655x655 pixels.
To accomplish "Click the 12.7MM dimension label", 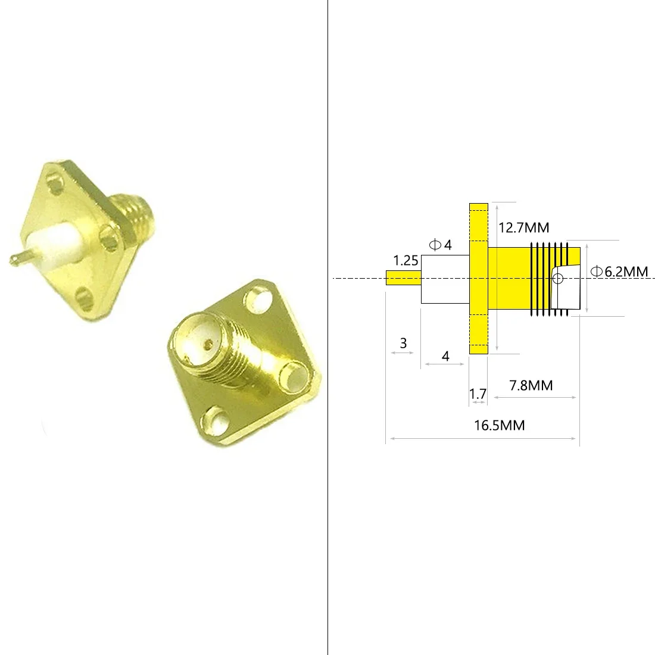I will (523, 227).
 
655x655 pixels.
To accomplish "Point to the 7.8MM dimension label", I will (531, 385).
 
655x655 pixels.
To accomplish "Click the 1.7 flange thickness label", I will (478, 393).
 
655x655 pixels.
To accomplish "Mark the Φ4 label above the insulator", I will (440, 245).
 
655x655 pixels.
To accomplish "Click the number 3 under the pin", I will (403, 343).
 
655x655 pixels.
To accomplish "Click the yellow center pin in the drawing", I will (404, 278).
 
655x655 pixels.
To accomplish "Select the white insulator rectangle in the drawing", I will (445, 279).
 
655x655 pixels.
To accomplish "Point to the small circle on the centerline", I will (557, 278).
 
